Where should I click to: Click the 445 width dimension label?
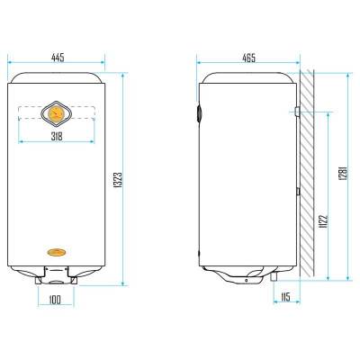tap(58, 58)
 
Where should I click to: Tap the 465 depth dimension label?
tap(249, 58)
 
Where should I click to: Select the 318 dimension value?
tap(57, 137)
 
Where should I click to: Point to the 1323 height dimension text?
tap(119, 180)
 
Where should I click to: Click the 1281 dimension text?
tap(344, 173)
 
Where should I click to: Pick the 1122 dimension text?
tap(324, 221)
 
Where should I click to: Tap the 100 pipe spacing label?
tap(54, 300)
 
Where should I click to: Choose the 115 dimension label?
tap(285, 297)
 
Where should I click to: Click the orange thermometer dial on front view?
tap(56, 113)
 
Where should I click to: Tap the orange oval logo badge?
tap(57, 252)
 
